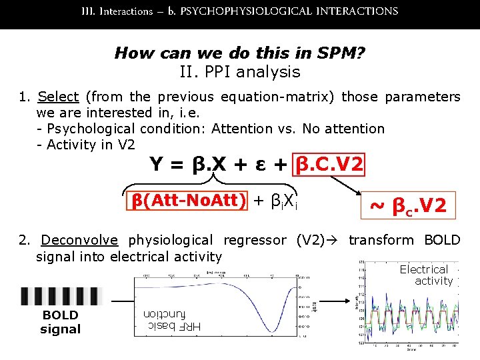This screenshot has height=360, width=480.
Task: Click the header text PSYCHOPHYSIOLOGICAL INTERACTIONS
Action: (x=289, y=11)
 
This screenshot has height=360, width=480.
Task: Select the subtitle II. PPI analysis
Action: (x=240, y=72)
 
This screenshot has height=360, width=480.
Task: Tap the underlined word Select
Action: (x=59, y=97)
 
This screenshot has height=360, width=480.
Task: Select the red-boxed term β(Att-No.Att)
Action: (x=188, y=199)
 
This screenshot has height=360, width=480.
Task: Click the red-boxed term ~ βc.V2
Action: (x=408, y=205)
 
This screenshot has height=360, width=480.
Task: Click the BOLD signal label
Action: (x=60, y=322)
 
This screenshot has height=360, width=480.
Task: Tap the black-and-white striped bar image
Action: (x=60, y=296)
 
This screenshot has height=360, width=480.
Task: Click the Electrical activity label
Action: (x=426, y=275)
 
